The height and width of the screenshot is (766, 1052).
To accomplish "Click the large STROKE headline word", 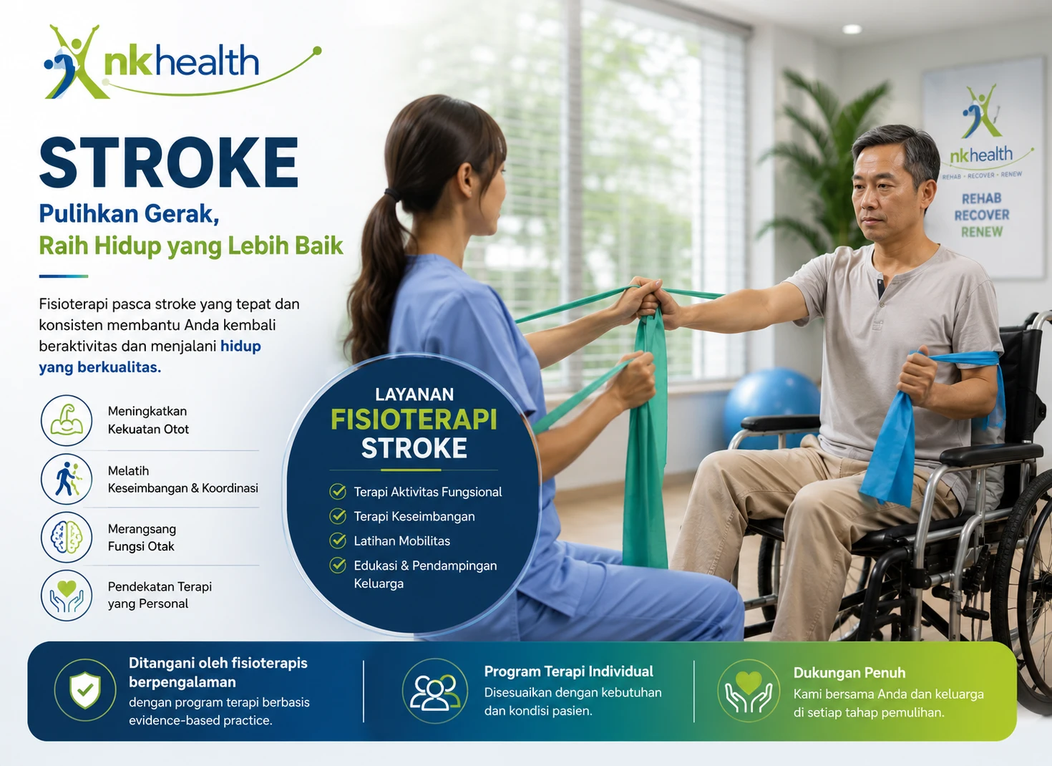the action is coord(169,163).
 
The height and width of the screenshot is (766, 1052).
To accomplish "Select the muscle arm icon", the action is coord(67,420).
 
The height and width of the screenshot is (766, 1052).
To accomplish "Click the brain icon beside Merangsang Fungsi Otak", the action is coord(67,537).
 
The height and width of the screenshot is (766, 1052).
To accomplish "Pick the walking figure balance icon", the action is coord(67,478).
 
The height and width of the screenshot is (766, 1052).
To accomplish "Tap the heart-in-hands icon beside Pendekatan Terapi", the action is coord(67,596).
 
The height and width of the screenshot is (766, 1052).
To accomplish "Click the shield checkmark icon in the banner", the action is coord(85,689).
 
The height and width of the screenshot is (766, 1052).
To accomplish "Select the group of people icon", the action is coord(435,691).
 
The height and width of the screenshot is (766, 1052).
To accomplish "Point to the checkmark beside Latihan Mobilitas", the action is coord(338,540).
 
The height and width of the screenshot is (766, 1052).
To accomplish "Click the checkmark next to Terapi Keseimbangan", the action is coord(338,516).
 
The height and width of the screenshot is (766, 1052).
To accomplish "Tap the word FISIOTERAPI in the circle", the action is coord(414,420).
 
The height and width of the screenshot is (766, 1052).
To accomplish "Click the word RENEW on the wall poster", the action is coord(982,232).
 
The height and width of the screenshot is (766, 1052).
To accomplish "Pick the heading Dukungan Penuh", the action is coord(849,672).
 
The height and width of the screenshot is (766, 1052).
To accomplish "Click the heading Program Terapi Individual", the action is coord(568,671).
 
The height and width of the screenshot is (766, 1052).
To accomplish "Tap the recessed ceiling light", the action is coord(852,29).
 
